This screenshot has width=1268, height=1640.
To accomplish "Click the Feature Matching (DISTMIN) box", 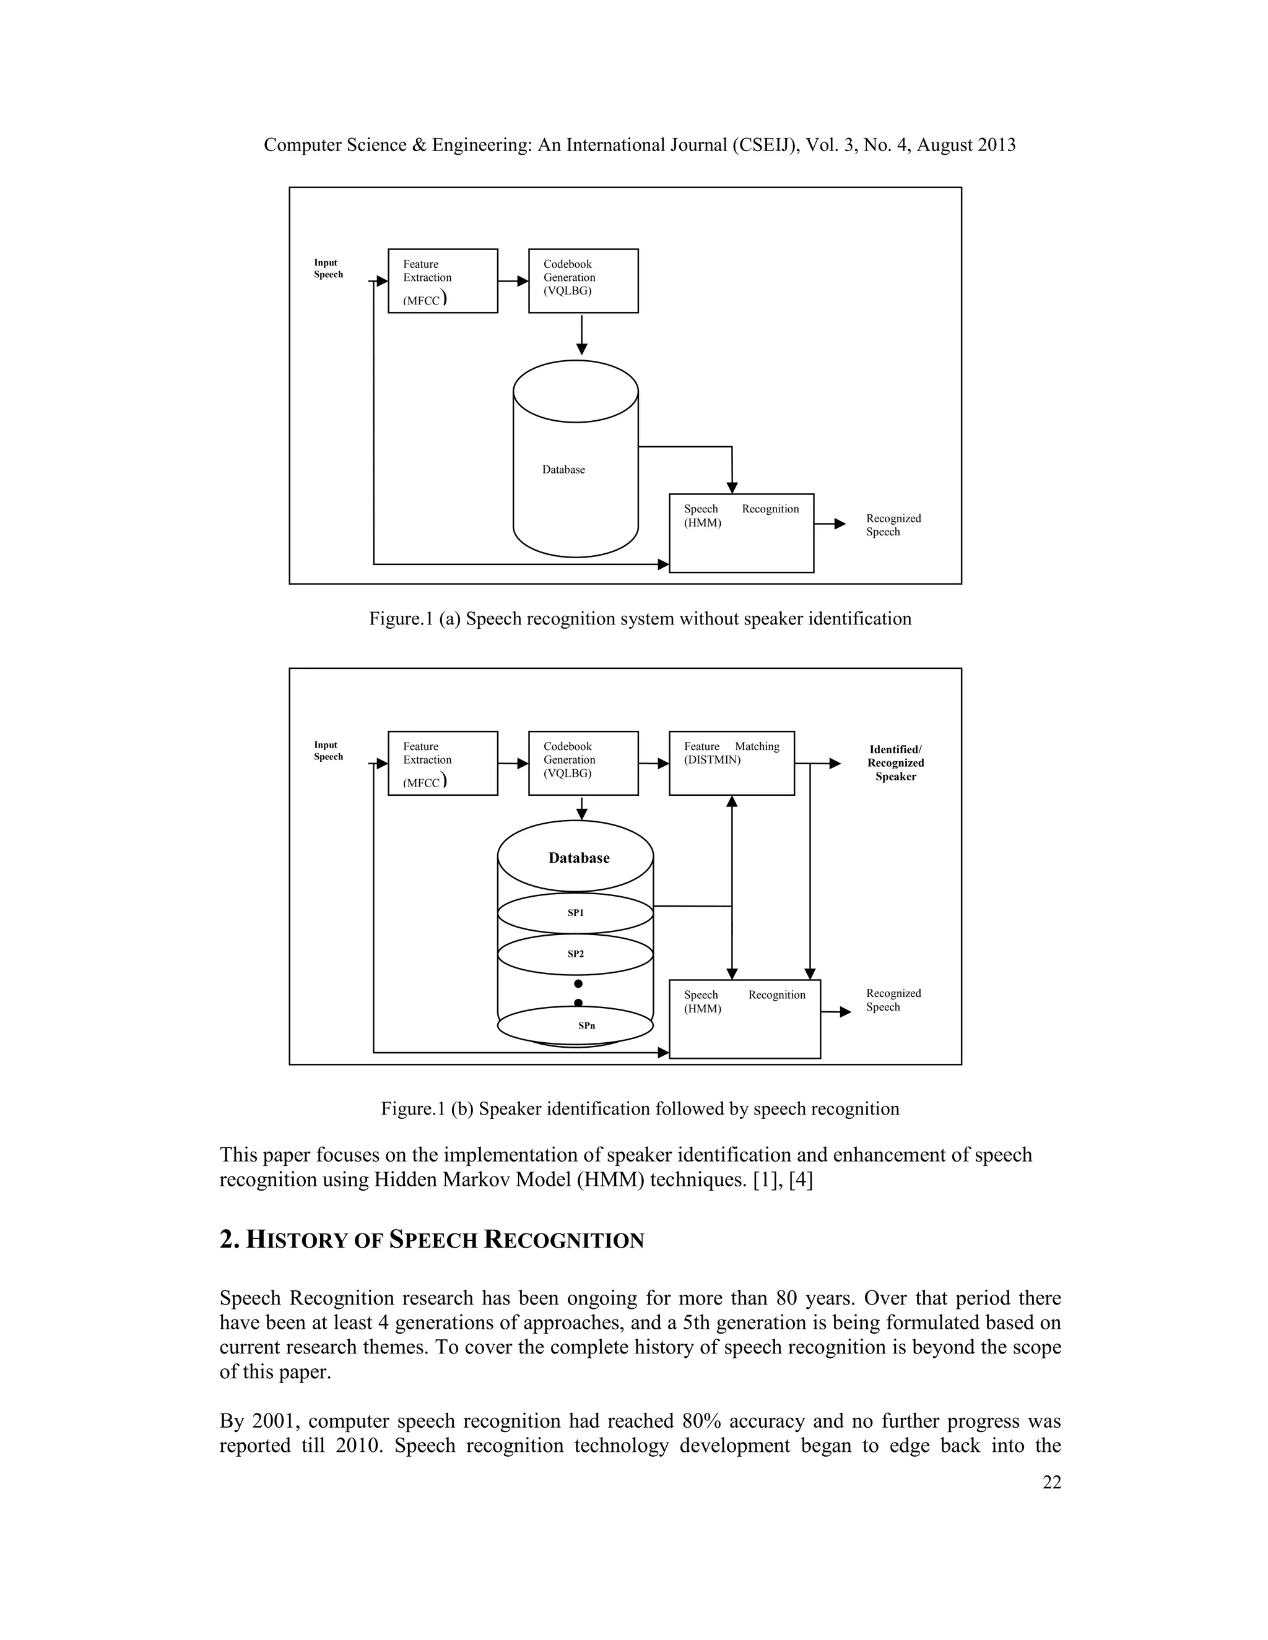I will click(x=731, y=763).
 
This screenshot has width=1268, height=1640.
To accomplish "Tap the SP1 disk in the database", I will click(x=575, y=913).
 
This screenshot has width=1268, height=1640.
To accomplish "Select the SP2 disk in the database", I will click(x=575, y=954).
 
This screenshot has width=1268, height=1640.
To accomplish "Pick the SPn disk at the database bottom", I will click(x=575, y=1025).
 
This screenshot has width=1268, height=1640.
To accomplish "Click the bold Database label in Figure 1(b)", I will click(x=578, y=858).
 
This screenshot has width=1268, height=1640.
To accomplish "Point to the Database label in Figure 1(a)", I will click(x=563, y=470).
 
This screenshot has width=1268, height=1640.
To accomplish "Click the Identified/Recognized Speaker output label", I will click(x=895, y=763).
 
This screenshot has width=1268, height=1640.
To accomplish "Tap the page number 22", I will click(x=1052, y=1482).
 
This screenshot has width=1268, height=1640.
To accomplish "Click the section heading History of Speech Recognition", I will click(x=432, y=1240).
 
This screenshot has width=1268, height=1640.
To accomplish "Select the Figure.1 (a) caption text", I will click(x=640, y=619).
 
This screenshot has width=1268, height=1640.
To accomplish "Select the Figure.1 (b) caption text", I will click(x=640, y=1109).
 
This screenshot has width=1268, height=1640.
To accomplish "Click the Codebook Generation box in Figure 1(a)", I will click(x=583, y=281).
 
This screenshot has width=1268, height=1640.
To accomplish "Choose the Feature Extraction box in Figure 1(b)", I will click(x=443, y=763).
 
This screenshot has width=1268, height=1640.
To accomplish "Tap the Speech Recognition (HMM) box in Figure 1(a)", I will click(x=740, y=533).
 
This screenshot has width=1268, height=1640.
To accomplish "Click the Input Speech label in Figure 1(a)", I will click(x=328, y=269).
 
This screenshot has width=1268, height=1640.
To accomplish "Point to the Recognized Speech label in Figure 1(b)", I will click(x=893, y=1000).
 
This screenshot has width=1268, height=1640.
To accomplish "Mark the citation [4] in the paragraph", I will click(x=801, y=1180).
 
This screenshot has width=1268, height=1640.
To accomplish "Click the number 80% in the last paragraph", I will click(x=701, y=1422).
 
